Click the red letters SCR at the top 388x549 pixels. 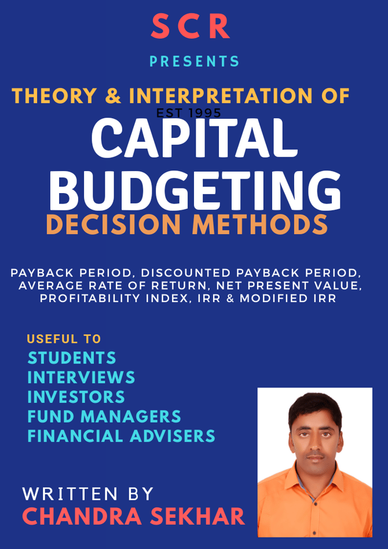tap(191, 27)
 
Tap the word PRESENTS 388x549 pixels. tap(194, 61)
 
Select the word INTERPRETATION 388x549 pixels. tap(221, 96)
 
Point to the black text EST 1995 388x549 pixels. tap(189, 112)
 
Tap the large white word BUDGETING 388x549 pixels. tap(195, 189)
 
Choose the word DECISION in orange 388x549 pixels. tap(114, 225)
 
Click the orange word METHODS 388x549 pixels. tap(260, 225)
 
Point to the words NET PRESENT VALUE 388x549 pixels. tap(289, 286)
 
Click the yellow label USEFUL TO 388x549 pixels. tap(64, 339)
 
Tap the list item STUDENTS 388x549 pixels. tap(72, 358)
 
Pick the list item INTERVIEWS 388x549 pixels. tap(81, 377)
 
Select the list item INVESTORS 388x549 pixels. tap(76, 397)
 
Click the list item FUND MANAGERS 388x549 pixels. tap(104, 417)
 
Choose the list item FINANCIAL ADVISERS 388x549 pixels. tap(121, 437)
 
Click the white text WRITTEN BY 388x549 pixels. tap(88, 494)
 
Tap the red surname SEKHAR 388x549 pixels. tap(196, 517)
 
